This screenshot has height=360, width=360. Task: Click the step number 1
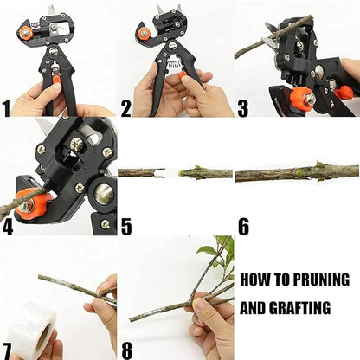coord(8,107)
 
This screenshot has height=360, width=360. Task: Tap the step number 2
coord(126,107)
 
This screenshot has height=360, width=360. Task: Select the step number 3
coord(243,107)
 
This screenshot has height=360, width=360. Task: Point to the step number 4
coord(8,227)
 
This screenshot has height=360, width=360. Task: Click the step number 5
coord(126,227)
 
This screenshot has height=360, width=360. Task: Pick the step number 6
coord(243,227)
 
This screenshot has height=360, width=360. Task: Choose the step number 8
coord(126,350)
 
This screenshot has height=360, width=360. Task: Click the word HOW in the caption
coord(254,280)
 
